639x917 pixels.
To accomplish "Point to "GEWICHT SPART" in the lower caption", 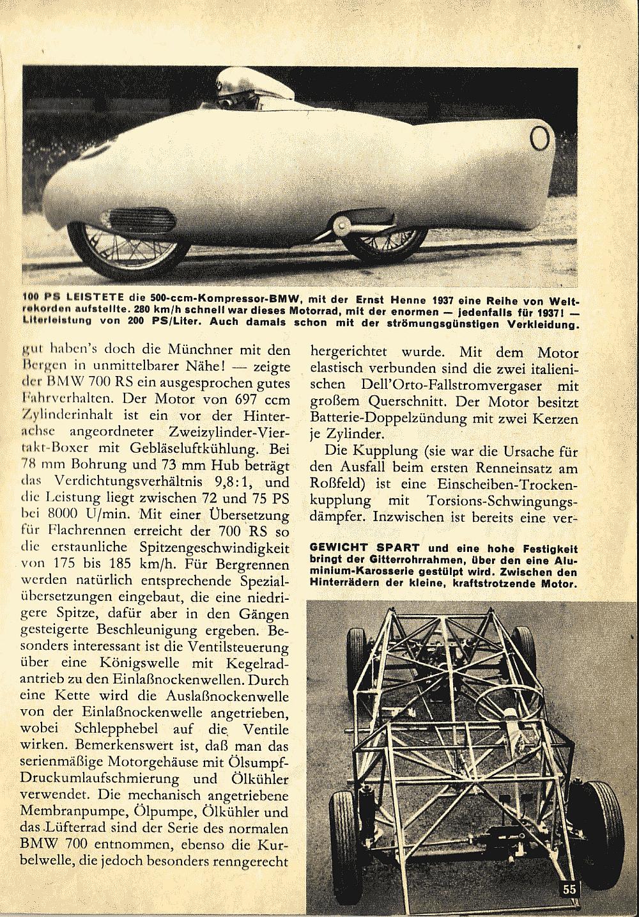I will (364, 548).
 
